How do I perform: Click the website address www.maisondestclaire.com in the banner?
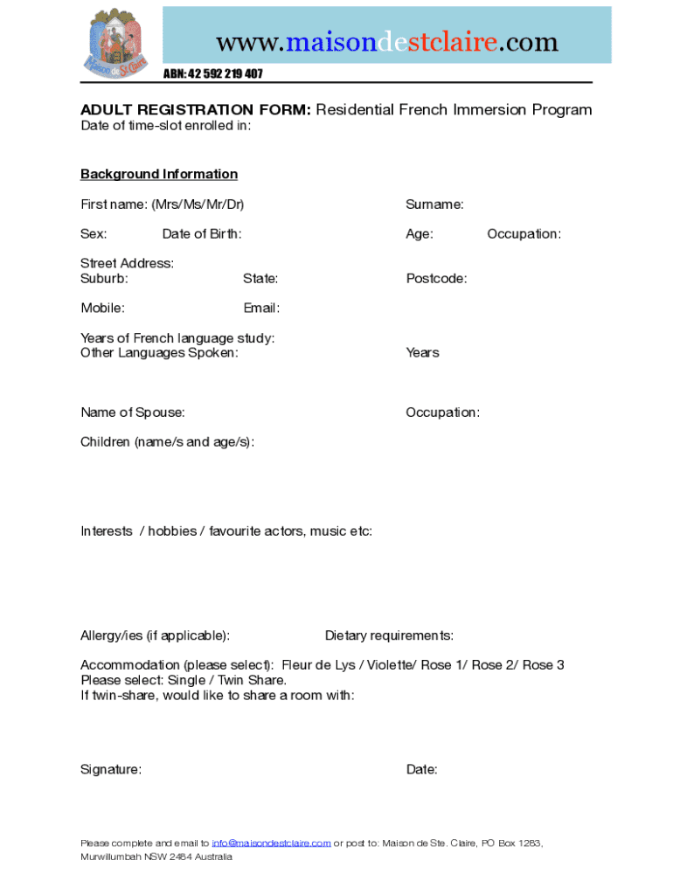click(x=386, y=41)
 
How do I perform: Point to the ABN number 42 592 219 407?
click(x=213, y=73)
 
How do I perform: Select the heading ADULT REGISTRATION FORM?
click(x=196, y=110)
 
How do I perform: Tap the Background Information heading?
click(x=159, y=174)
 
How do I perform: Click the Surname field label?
click(x=434, y=205)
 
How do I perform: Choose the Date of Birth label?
click(x=202, y=234)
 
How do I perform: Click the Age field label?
click(x=420, y=234)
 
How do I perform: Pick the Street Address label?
click(x=128, y=263)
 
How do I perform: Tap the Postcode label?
click(x=436, y=279)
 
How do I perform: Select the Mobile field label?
click(x=102, y=308)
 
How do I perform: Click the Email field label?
click(x=261, y=308)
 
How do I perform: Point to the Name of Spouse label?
click(x=133, y=413)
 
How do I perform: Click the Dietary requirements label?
click(x=389, y=635)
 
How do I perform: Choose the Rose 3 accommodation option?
click(x=544, y=665)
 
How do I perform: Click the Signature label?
click(x=111, y=770)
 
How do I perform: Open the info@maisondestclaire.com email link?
click(x=271, y=843)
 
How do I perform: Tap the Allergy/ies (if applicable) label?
click(x=156, y=635)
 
